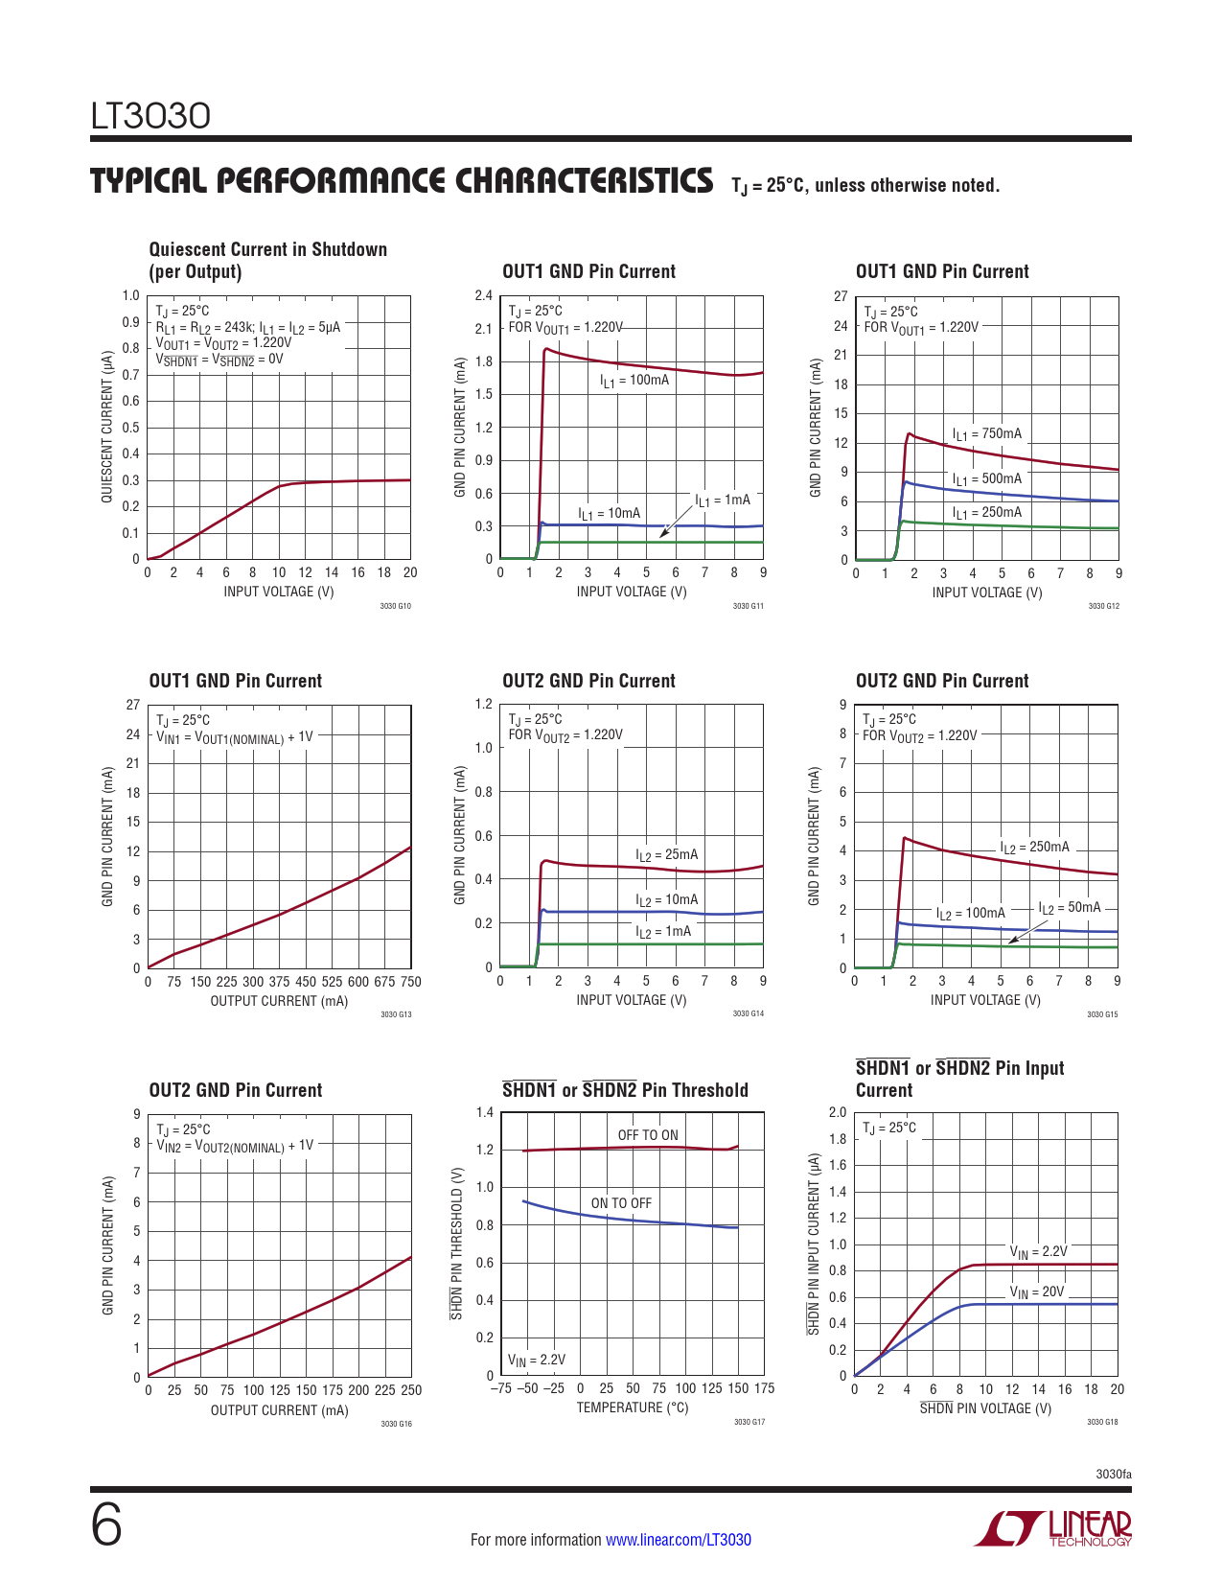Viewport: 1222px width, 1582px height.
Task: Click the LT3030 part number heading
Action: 150,116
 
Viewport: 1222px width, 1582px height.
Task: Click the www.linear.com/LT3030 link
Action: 678,1540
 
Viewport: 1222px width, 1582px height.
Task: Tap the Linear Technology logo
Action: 1053,1528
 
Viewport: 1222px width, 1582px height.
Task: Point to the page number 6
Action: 106,1525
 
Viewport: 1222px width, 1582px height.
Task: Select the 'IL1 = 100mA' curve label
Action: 634,381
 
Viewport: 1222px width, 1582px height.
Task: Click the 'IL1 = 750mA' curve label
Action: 986,434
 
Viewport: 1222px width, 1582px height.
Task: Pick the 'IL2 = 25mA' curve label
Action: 666,855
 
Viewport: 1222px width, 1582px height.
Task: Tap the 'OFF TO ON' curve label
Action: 647,1135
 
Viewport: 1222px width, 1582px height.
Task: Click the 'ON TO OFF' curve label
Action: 621,1203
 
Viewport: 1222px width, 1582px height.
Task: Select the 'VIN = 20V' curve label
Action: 1036,1292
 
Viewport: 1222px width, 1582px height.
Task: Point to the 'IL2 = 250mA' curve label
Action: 1034,848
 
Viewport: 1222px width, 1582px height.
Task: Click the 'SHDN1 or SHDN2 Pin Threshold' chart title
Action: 625,1090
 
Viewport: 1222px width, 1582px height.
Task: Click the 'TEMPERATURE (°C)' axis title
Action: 632,1408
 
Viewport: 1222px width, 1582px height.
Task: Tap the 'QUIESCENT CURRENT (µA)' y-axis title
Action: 107,427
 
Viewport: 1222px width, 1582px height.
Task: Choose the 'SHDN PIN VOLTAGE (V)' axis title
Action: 985,1408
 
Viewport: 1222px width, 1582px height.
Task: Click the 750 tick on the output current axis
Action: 410,982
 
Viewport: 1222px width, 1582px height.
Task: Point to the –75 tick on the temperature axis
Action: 500,1388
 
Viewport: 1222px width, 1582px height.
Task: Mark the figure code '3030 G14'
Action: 749,1013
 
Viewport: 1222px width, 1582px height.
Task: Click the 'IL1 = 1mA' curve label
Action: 723,500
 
